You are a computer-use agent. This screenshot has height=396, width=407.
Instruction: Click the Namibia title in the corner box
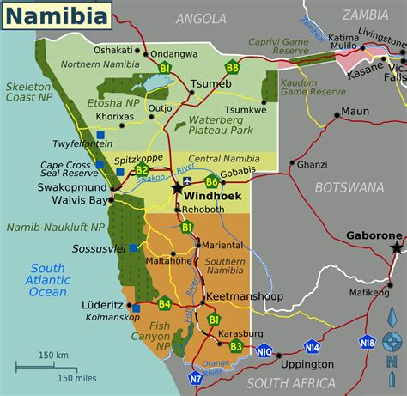click(x=54, y=15)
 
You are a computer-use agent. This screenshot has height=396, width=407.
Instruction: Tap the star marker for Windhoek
click(x=178, y=188)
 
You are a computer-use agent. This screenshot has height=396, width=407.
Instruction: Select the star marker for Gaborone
click(x=396, y=248)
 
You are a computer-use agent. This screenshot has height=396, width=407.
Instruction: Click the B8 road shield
click(x=232, y=67)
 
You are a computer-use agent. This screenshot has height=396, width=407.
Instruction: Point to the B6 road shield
click(x=212, y=181)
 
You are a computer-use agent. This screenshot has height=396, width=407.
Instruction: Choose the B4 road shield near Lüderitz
click(x=164, y=302)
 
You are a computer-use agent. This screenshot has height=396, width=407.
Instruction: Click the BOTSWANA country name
click(x=349, y=187)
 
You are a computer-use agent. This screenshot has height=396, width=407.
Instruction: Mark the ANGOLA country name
click(x=199, y=19)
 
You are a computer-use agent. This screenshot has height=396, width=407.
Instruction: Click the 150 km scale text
click(x=53, y=355)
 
